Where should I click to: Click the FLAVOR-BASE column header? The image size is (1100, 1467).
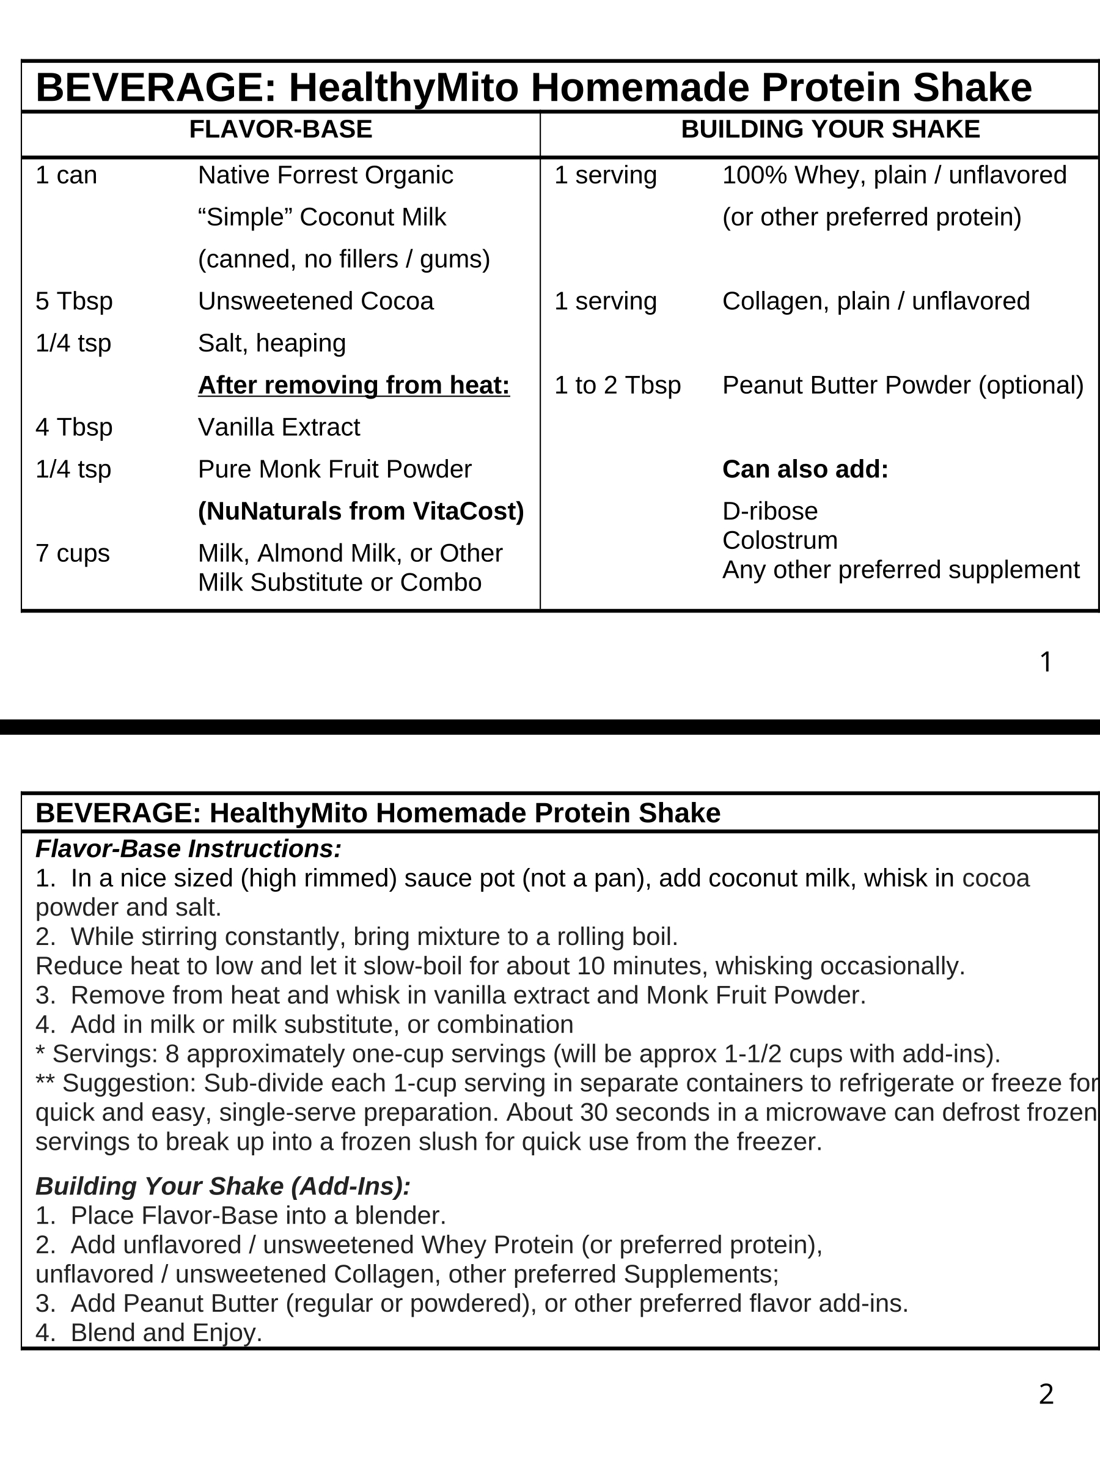click(280, 130)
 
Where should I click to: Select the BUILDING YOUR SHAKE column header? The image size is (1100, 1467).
click(830, 130)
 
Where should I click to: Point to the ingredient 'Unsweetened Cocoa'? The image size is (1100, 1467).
click(315, 302)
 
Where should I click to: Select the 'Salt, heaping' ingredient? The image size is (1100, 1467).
click(272, 344)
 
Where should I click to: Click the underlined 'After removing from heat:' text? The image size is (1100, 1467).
click(354, 385)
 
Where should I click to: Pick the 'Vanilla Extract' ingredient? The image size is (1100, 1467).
click(279, 428)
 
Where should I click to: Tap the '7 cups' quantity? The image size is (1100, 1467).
click(72, 554)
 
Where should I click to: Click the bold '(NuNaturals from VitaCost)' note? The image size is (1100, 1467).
click(361, 512)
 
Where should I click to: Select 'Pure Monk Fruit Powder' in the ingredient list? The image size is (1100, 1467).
click(335, 469)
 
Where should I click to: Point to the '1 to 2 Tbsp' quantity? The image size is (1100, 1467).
click(617, 385)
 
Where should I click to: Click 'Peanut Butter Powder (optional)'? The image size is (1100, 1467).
click(903, 385)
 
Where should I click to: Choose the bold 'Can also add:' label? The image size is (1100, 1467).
click(805, 469)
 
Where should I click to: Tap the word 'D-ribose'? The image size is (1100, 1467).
click(770, 512)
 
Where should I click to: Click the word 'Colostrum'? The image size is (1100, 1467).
click(780, 540)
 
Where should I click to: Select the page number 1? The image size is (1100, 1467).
click(1046, 663)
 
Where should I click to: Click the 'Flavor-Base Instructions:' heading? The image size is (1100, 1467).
click(189, 849)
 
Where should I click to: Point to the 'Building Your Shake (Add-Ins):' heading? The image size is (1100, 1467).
click(224, 1186)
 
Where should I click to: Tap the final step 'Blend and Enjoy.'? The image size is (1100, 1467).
click(166, 1333)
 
